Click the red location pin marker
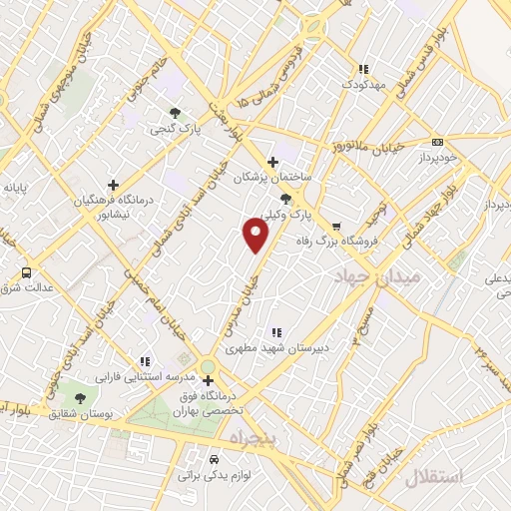pos(256,236)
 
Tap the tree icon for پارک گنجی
pos(176,113)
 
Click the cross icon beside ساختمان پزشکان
pos(273,162)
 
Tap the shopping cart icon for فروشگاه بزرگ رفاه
pos(336,226)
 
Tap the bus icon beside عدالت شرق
pos(25,272)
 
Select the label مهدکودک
pos(364,84)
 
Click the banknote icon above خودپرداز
pos(437,143)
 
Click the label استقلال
pos(436,477)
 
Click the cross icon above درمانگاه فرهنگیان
pos(113,185)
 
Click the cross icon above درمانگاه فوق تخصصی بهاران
pos(207,380)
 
